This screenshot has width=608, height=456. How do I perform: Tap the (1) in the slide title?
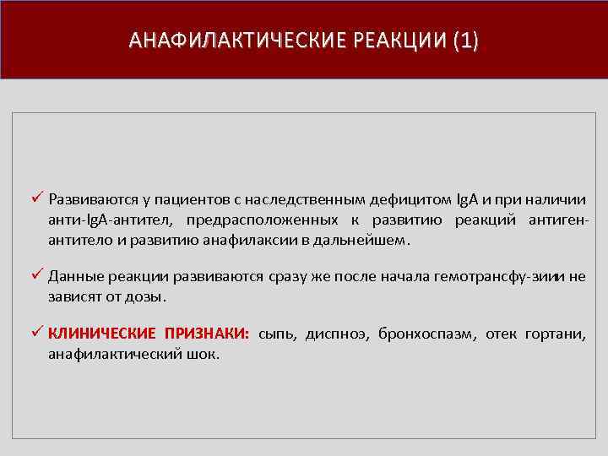(x=464, y=41)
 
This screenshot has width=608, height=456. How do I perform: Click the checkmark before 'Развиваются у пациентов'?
(x=36, y=199)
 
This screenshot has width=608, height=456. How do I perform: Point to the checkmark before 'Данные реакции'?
(x=36, y=275)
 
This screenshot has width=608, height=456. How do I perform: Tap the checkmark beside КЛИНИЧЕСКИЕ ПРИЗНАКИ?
(x=36, y=332)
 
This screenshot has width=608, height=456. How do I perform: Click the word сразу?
(x=292, y=276)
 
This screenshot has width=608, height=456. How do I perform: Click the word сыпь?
(x=277, y=334)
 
